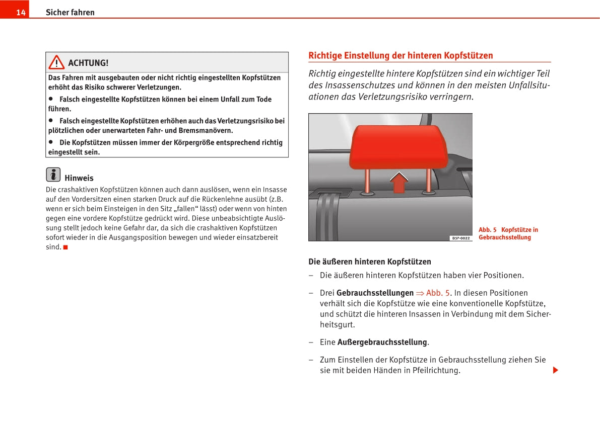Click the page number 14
21,13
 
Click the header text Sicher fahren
70,13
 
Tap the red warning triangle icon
56,62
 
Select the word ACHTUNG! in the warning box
88,63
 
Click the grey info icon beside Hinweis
53,175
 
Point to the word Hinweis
79,178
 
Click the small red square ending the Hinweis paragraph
65,247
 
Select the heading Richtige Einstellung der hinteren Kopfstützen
401,55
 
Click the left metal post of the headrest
367,180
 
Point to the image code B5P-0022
460,238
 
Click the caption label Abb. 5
487,230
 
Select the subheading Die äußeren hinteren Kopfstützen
369,262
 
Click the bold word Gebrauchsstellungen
375,293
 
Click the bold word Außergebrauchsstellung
382,342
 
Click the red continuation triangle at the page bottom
555,371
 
